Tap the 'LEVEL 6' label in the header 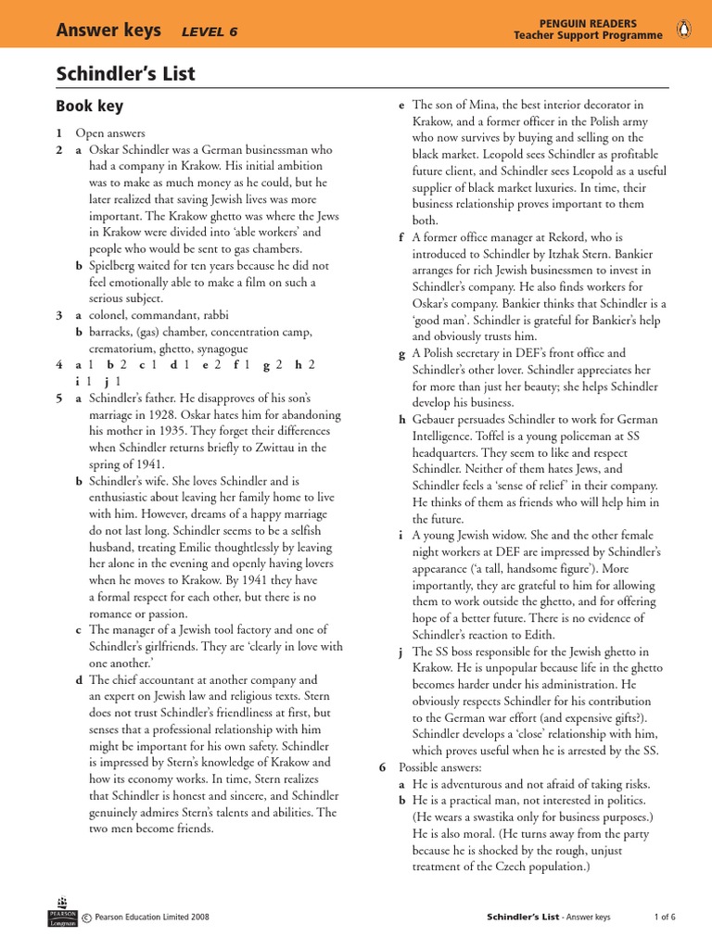click(210, 31)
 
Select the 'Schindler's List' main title click(125, 74)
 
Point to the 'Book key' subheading click(89, 107)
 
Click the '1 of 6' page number click(665, 917)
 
